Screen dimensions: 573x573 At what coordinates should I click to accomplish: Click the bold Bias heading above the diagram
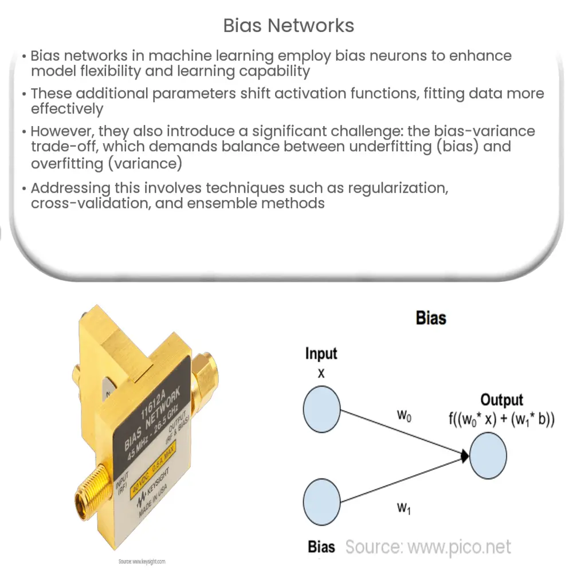click(x=430, y=317)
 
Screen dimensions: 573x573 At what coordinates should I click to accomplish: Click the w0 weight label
click(x=405, y=415)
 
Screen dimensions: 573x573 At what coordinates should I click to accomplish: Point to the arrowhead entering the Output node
click(x=464, y=456)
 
